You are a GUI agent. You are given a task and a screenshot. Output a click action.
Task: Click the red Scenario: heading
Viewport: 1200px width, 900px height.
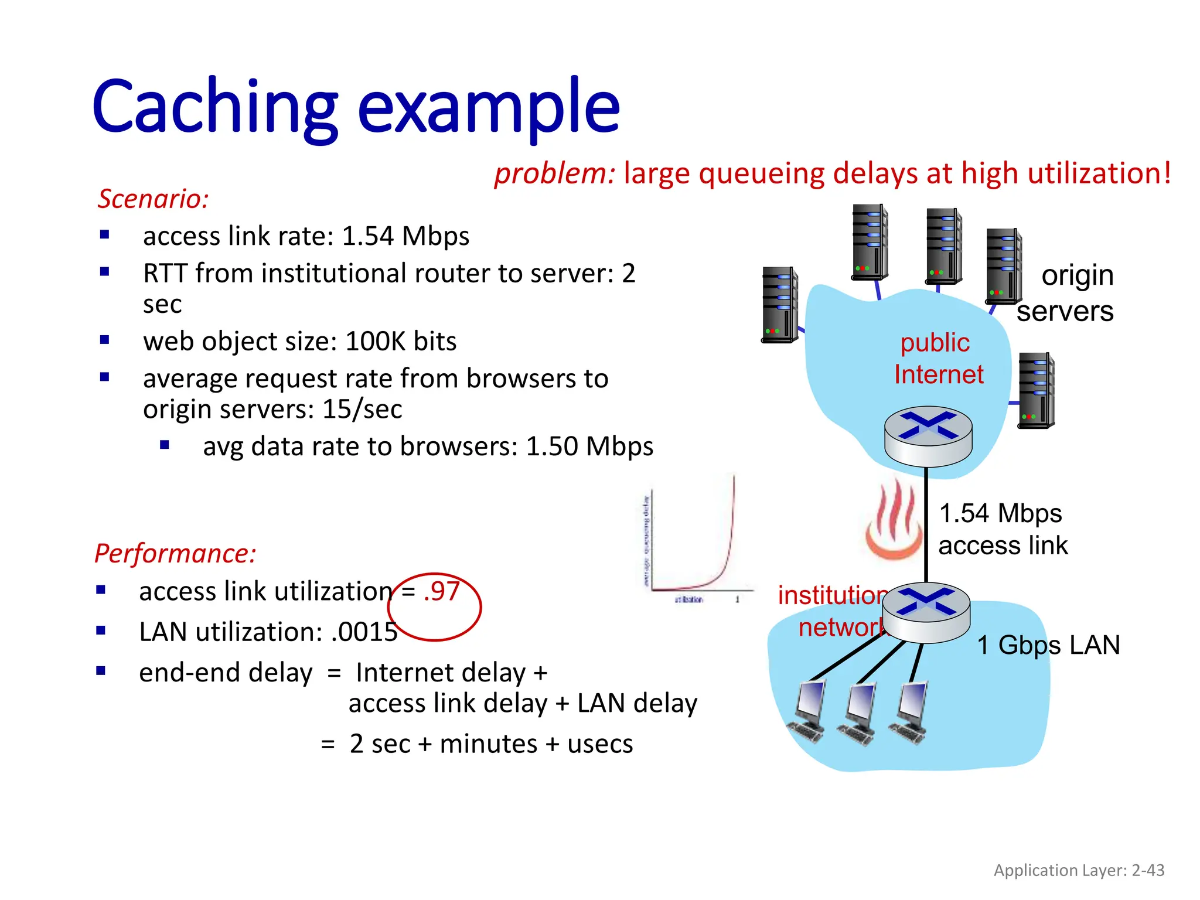[153, 199]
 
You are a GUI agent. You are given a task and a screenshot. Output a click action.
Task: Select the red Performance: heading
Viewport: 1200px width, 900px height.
[175, 553]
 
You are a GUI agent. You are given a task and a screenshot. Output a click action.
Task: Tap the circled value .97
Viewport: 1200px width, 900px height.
[442, 591]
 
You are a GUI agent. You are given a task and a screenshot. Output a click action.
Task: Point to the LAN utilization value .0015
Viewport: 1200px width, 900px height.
[364, 632]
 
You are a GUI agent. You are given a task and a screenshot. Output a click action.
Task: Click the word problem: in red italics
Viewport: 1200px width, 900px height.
[554, 173]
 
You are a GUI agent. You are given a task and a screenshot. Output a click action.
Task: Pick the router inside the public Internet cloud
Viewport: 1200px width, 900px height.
[928, 435]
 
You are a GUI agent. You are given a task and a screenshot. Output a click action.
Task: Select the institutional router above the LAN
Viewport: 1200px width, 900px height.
[926, 612]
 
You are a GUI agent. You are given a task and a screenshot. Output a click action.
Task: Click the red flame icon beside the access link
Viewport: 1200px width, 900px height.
[893, 520]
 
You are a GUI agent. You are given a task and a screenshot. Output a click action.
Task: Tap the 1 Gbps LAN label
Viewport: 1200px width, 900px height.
[1048, 645]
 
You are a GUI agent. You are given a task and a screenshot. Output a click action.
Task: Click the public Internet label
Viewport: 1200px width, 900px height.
[937, 359]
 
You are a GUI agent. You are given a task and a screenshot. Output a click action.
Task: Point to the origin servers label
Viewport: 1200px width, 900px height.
[1066, 293]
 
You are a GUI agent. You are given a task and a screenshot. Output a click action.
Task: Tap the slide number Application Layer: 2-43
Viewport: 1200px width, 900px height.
[1079, 870]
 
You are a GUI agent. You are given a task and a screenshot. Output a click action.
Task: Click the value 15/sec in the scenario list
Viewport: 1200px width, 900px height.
[362, 409]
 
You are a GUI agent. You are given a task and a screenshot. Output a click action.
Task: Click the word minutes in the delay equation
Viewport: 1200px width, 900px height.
[488, 744]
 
